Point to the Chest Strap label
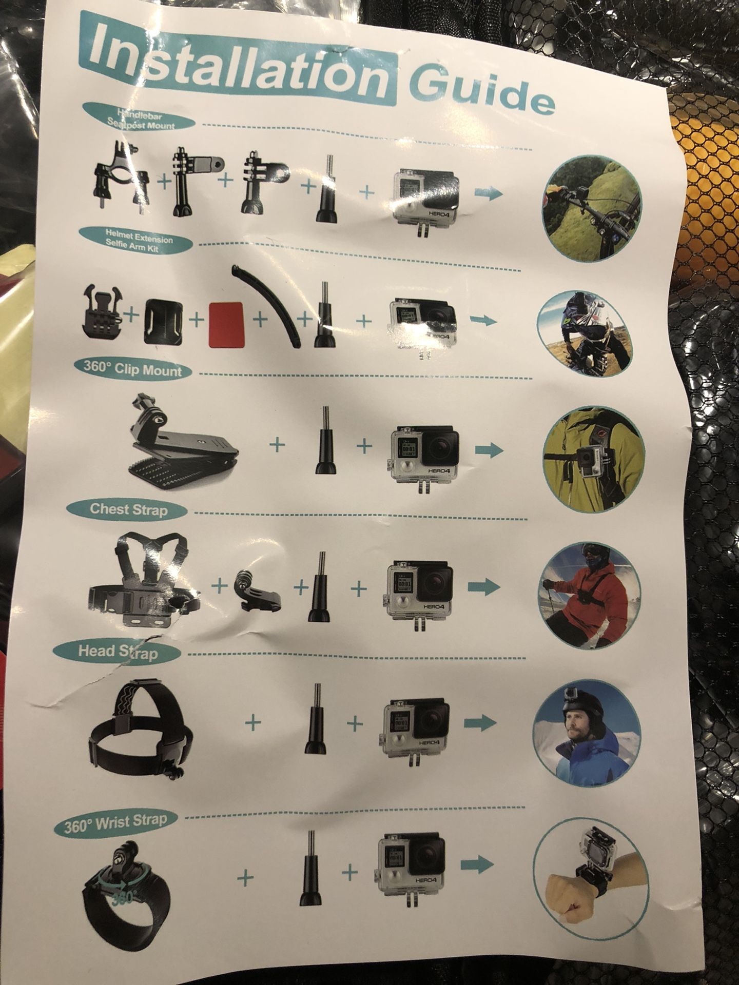128,509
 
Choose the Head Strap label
118,652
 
